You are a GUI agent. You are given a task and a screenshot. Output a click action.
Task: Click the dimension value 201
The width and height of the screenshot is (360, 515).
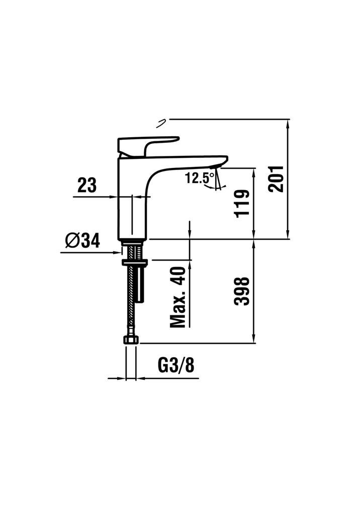tap(276, 179)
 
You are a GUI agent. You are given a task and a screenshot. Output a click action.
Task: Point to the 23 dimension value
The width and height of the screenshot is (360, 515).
tap(87, 185)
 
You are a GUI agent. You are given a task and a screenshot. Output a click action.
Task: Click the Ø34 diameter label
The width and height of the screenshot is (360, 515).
tap(82, 241)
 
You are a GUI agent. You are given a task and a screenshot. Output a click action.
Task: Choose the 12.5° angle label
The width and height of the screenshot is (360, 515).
tap(200, 178)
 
